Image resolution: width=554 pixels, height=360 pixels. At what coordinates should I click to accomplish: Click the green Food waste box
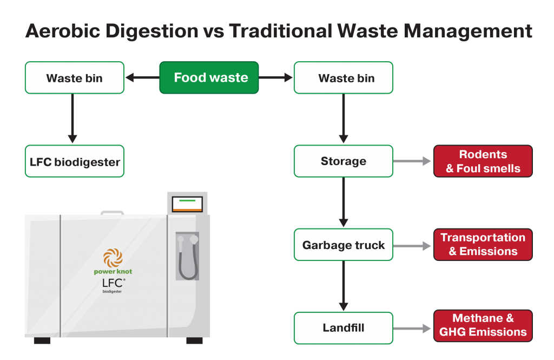click(x=209, y=77)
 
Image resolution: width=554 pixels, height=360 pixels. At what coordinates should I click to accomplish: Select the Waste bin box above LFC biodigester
click(x=75, y=77)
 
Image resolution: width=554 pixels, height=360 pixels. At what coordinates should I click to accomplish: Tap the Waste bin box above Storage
click(x=343, y=77)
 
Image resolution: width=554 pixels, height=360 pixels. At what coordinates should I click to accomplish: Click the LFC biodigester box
click(x=75, y=161)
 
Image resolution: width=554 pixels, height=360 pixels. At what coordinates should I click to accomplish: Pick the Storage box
click(x=343, y=161)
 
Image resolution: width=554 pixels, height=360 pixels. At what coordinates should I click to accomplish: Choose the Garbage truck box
click(x=343, y=245)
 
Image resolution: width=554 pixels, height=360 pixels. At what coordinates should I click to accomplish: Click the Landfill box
click(x=343, y=328)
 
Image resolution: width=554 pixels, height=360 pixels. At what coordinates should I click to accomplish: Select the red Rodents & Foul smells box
click(x=483, y=161)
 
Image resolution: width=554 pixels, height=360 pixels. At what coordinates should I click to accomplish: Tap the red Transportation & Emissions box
click(x=483, y=245)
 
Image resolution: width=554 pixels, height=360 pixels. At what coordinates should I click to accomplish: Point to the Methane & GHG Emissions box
click(x=483, y=325)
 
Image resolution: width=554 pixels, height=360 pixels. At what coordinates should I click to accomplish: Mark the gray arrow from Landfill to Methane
click(x=413, y=328)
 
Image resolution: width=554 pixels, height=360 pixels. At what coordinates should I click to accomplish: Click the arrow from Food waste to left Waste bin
click(x=142, y=78)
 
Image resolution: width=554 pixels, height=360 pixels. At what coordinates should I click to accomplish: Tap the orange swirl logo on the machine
click(x=113, y=257)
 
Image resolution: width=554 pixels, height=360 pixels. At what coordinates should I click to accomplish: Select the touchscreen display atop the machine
click(x=187, y=204)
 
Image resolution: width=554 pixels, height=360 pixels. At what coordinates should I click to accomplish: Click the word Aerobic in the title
click(x=65, y=31)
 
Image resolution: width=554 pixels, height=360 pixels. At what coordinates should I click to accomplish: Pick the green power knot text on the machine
click(x=113, y=272)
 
